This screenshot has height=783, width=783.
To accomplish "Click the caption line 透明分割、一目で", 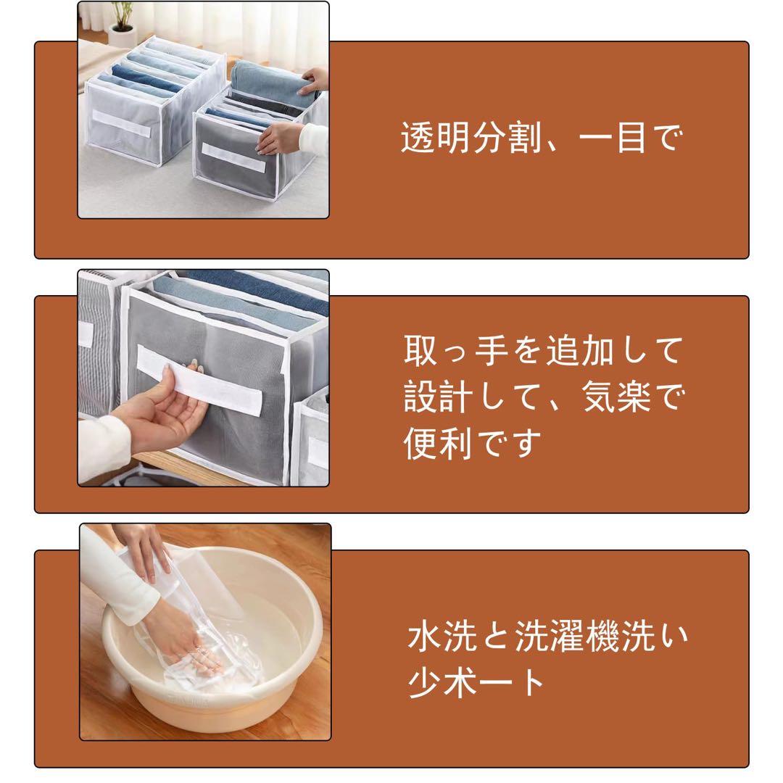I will [x=540, y=137].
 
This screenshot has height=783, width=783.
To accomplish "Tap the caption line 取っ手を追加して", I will [x=543, y=351].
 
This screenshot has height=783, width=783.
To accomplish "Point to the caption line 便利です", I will [x=473, y=443].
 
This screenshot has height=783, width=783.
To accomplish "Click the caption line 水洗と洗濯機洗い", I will [x=547, y=637].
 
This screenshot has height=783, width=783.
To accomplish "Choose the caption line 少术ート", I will [x=476, y=683].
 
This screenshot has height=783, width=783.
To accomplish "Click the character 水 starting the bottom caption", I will [x=424, y=637].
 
